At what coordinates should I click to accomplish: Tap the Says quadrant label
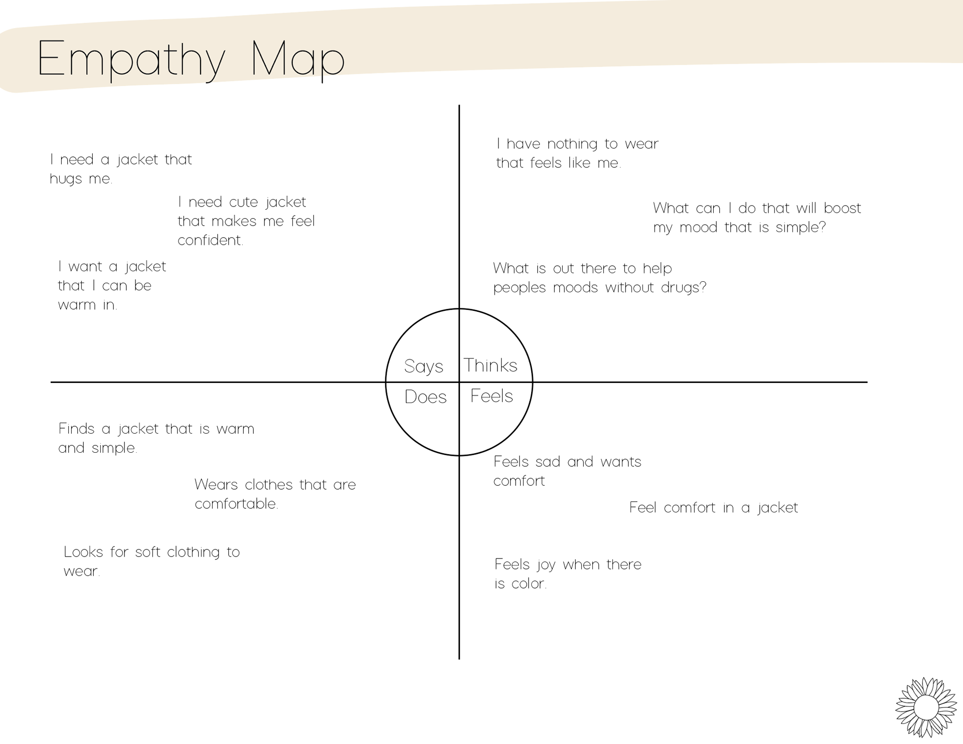click(x=424, y=366)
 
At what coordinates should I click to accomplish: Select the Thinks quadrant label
click(x=490, y=365)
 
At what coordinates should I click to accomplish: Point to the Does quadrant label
click(x=425, y=397)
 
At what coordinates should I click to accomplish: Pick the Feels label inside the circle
click(x=492, y=396)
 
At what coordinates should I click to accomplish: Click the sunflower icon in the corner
click(x=926, y=707)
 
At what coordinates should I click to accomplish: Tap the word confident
click(x=210, y=240)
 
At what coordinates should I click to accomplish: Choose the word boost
click(x=842, y=208)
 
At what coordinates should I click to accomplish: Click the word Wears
click(x=215, y=485)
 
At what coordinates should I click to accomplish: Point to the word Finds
click(x=76, y=429)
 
